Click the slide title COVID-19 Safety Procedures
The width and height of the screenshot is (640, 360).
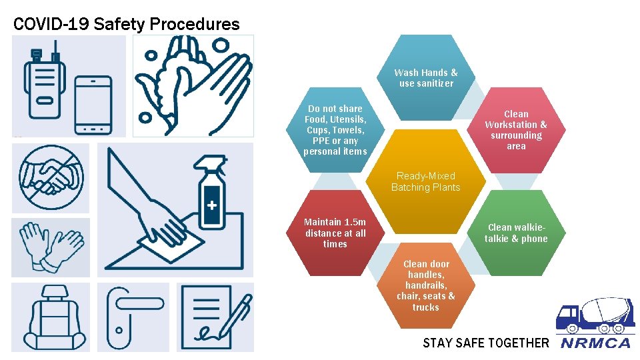126,25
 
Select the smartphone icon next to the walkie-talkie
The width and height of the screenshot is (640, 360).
93,105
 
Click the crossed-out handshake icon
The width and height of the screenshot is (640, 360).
50,177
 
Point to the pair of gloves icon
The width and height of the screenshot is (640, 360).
50,247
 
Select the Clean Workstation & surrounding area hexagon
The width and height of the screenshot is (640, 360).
515,130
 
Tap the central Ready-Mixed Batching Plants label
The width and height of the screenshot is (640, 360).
425,181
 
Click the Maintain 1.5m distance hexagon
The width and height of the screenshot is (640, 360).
335,233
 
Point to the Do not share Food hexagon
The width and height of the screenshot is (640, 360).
335,130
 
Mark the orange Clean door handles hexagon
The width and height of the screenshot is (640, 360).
425,285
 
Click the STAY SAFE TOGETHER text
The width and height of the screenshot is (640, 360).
485,343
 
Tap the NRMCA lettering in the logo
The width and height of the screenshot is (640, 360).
595,343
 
